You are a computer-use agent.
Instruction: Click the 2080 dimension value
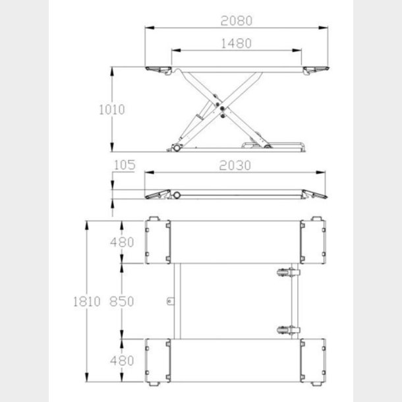237,20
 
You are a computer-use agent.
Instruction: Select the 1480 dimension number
237,43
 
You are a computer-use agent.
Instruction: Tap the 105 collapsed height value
124,165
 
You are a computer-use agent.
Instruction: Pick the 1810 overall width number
87,302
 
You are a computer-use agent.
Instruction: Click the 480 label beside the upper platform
122,242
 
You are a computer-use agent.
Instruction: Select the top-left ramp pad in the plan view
156,241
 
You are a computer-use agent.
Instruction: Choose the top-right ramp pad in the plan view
313,241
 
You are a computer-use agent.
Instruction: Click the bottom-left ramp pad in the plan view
156,360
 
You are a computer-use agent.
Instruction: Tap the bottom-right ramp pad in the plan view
313,360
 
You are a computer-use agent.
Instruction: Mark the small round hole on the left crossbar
169,302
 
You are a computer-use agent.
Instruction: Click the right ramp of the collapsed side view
316,193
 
